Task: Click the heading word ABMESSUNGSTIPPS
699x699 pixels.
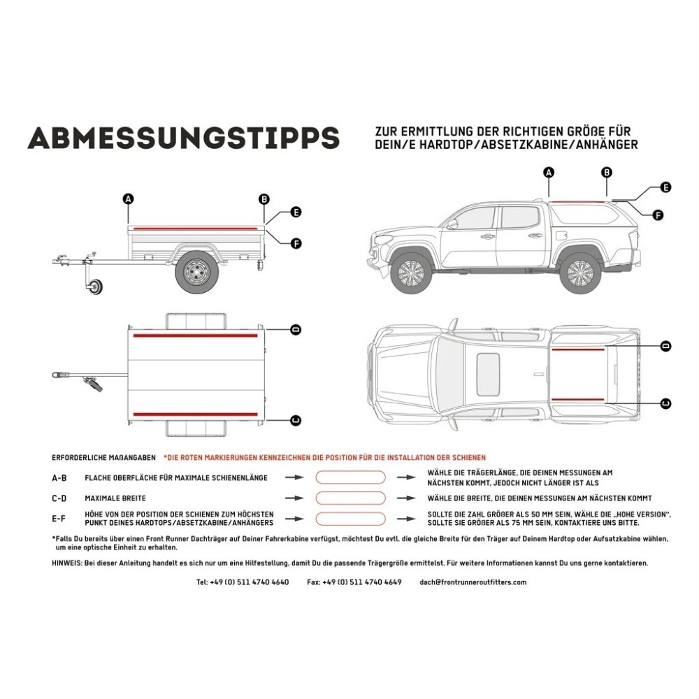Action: coord(183,138)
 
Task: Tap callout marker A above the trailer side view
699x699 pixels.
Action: coord(128,199)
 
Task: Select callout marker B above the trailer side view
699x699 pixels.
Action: coord(264,199)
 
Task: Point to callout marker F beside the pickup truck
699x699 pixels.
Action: coord(658,215)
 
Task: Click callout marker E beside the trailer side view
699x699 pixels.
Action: coord(296,212)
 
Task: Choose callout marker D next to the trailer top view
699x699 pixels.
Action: coord(296,329)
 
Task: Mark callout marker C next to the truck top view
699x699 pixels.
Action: coord(665,403)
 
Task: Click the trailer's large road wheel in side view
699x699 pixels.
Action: coord(195,273)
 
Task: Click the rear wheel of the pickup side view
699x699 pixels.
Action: coord(580,273)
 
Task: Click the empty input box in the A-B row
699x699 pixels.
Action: coord(350,477)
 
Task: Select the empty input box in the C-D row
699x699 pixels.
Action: coord(350,498)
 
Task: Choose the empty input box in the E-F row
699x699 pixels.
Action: coord(350,519)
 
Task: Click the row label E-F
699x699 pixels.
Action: coord(59,519)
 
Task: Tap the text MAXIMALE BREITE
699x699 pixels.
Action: coord(115,498)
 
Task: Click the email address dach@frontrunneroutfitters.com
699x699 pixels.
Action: coord(473,582)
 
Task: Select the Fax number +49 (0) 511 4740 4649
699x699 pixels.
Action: coord(354,582)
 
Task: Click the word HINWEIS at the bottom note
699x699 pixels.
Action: coord(66,563)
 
